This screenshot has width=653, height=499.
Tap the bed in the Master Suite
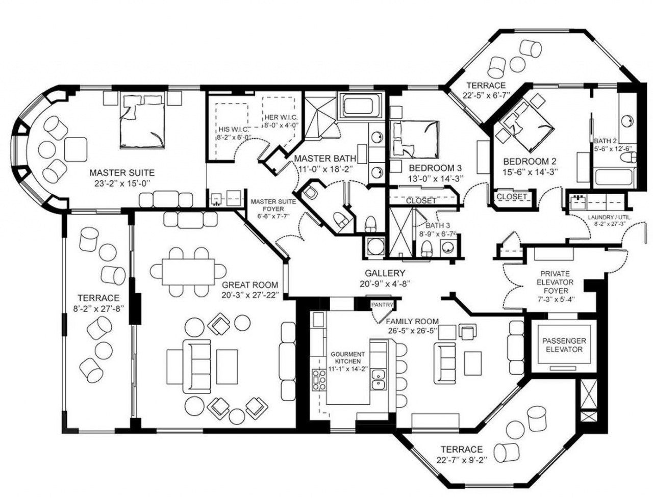142,121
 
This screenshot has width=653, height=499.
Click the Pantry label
383,305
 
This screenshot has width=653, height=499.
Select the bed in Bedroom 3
415,139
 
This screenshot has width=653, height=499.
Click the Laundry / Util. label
609,218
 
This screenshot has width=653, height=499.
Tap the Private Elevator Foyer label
555,282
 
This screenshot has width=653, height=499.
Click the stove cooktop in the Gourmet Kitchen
319,380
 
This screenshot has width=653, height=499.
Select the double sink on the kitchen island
378,379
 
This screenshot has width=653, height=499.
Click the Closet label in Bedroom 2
512,196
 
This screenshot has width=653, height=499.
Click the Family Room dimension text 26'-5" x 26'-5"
412,330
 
